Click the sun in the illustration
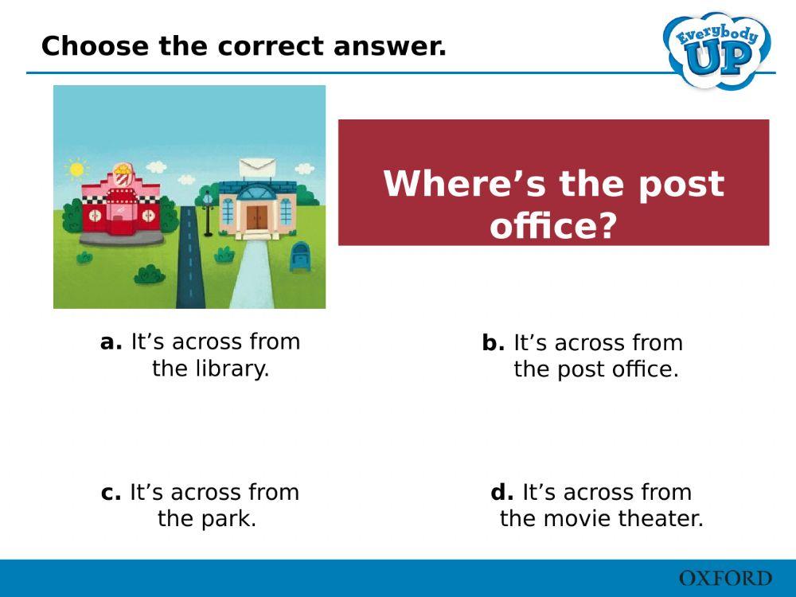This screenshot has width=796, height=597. click(x=76, y=169)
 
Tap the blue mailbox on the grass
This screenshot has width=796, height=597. click(x=302, y=256)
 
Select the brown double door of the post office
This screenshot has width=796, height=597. click(x=256, y=217)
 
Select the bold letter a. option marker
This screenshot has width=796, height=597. click(x=111, y=342)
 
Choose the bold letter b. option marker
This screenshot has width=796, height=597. click(x=493, y=344)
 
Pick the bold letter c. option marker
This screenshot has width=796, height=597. click(x=111, y=493)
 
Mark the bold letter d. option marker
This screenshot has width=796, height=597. click(x=501, y=493)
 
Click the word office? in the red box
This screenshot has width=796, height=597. click(x=553, y=226)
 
